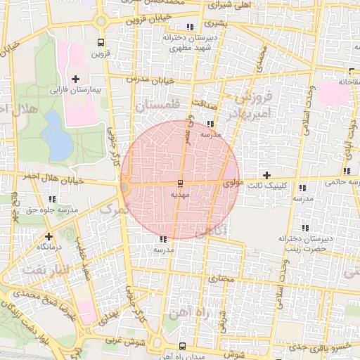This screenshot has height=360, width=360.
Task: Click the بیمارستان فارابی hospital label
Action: (75, 91)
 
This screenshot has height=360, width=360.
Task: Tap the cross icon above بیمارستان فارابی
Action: (75, 79)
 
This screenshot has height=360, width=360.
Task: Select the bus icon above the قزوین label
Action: (101, 41)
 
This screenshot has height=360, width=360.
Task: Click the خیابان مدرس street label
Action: (150, 79)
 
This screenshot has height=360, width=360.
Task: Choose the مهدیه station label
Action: (180, 195)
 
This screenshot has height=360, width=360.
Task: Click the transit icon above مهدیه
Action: (180, 184)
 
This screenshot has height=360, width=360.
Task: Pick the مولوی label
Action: (231, 183)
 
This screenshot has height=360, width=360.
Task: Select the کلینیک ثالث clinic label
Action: (266, 187)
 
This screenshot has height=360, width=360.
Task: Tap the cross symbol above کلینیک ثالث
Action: (266, 175)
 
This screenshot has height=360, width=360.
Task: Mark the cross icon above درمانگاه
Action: (49, 236)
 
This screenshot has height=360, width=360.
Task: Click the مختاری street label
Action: (222, 279)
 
